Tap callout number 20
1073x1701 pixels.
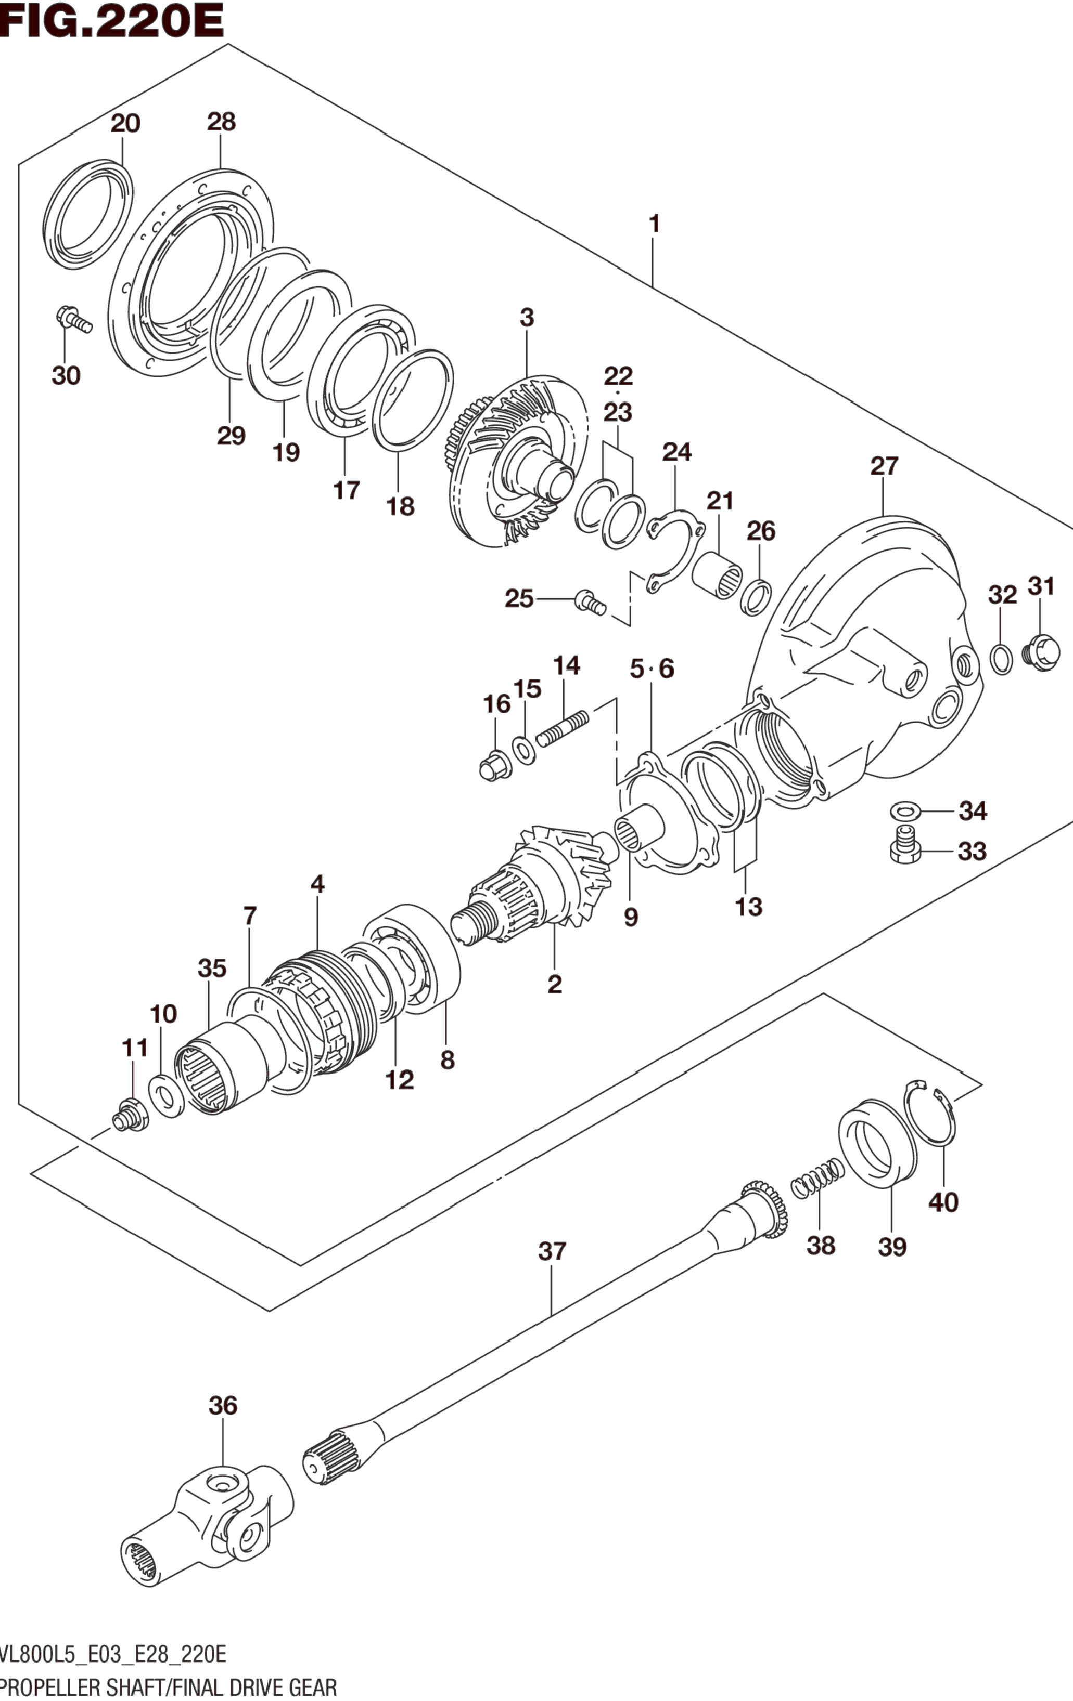[x=125, y=124]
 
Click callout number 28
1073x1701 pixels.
[x=221, y=122]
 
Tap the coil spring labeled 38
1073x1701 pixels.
[x=817, y=1178]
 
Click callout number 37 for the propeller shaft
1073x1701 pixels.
[x=552, y=1251]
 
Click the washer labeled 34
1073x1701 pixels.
[x=905, y=809]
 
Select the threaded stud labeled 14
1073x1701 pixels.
[x=562, y=730]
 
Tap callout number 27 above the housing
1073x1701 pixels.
[x=884, y=466]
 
